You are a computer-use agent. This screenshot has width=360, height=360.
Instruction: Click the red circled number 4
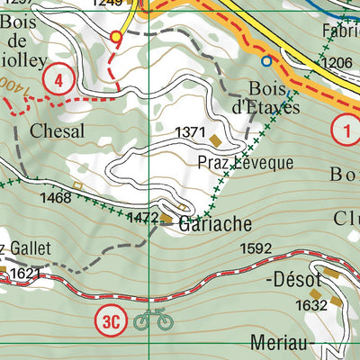(x=58, y=81)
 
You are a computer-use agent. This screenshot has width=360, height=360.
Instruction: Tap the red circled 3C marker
(x=110, y=319)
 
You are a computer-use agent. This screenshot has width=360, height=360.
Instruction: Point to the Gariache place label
(x=213, y=223)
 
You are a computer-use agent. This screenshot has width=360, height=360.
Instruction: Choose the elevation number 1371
(x=191, y=131)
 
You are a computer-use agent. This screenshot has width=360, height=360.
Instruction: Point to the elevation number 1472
(x=142, y=218)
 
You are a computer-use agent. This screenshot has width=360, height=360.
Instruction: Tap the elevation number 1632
(x=310, y=306)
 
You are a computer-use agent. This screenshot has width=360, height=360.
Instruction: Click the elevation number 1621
(x=26, y=272)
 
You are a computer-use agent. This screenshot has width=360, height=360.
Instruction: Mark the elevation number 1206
(x=336, y=63)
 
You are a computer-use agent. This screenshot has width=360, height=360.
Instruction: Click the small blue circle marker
(x=266, y=61)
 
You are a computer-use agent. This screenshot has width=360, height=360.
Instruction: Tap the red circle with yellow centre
(x=115, y=36)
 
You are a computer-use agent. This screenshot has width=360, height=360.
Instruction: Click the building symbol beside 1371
(x=216, y=139)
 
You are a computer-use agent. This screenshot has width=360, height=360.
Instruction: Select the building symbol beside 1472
(x=166, y=218)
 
